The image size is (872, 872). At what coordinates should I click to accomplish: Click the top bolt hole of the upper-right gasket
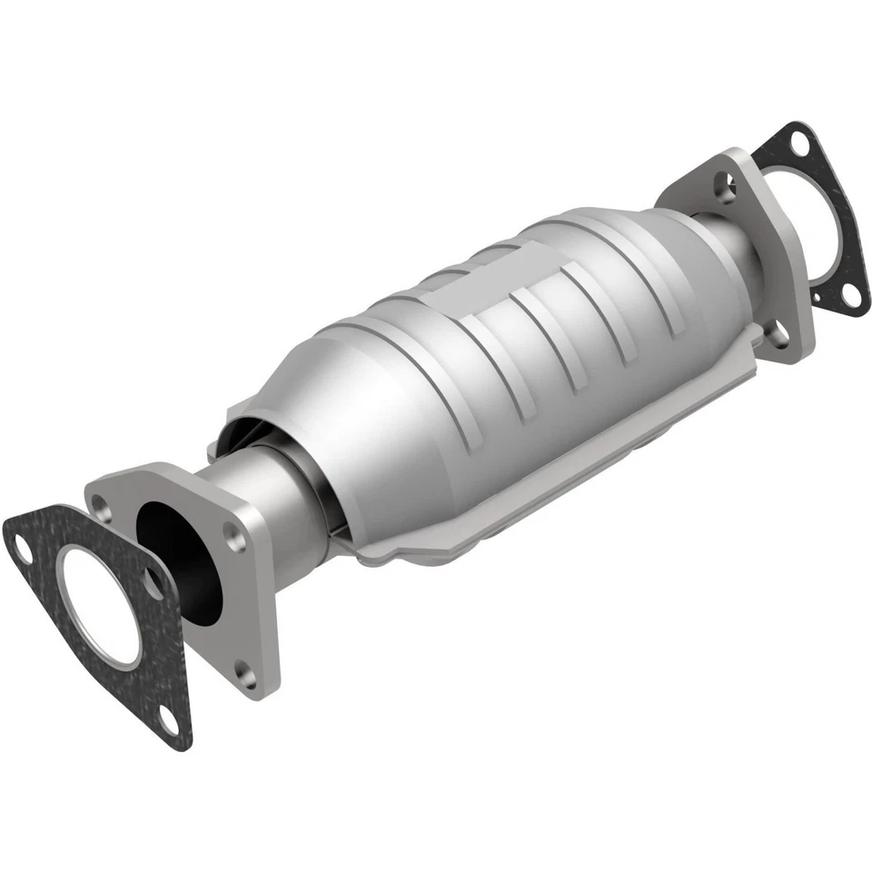798,144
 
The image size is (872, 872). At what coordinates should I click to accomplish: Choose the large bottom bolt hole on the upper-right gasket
851,293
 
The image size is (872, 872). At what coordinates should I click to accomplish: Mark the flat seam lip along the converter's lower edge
472,527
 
